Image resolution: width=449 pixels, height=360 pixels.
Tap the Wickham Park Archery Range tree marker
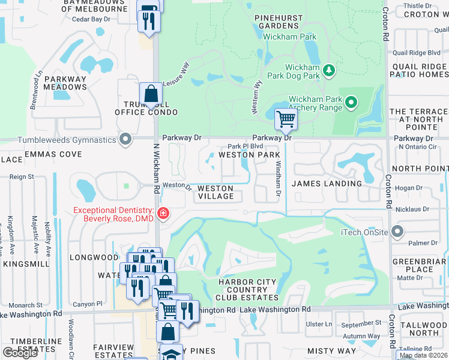pos(351,103)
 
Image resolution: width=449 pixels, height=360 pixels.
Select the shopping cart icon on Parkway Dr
pos(286,119)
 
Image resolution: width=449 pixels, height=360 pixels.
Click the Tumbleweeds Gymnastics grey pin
pos(125,140)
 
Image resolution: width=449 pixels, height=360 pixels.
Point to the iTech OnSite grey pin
pos(396,232)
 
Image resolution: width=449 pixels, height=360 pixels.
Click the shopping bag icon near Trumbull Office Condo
pos(151,95)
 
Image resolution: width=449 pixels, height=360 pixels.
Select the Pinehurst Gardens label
pos(279,22)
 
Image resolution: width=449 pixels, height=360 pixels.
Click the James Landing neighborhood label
pos(327,184)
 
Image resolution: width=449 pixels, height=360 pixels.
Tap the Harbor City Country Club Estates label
pos(248,289)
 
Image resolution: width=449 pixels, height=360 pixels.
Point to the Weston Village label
pos(215,192)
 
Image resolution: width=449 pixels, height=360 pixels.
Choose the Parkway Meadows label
pos(65,83)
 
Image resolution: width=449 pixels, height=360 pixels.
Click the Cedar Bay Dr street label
pos(91,19)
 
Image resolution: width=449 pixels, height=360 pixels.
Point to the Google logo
pos(20,353)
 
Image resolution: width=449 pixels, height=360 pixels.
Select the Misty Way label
pos(331,350)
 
